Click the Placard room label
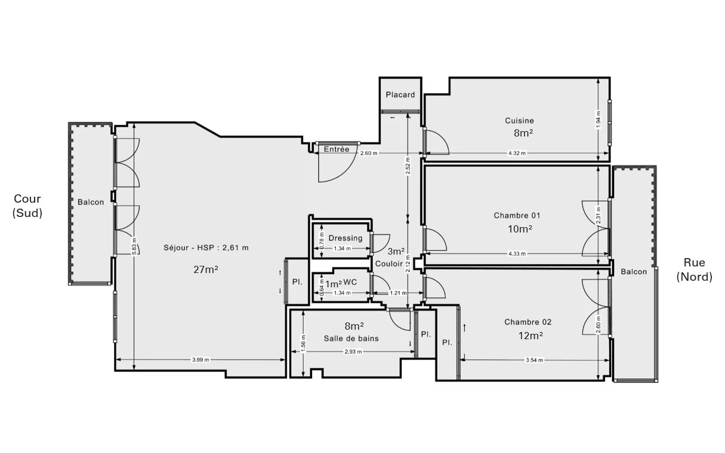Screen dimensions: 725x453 [400, 95]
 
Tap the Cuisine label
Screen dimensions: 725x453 [520, 120]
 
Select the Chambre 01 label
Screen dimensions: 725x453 [517, 215]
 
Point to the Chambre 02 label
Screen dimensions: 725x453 [528, 322]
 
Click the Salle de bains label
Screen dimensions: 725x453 [351, 339]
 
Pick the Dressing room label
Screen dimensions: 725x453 [345, 238]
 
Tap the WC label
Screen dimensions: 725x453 [350, 283]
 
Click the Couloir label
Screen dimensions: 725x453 [388, 264]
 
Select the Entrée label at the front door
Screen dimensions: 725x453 [337, 150]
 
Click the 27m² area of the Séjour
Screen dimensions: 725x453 [205, 269]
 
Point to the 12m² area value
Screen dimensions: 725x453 [530, 336]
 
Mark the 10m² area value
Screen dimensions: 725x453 [520, 229]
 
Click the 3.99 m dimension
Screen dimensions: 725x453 [200, 359]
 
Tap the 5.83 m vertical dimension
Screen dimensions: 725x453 [134, 246]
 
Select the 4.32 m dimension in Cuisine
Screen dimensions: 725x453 [517, 153]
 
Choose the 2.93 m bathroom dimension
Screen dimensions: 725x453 [353, 352]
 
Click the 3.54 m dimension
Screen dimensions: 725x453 [535, 360]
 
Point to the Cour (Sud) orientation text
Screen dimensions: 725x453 [27, 206]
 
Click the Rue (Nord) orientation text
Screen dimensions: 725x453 [694, 269]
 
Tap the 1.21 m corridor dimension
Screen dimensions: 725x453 [398, 293]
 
